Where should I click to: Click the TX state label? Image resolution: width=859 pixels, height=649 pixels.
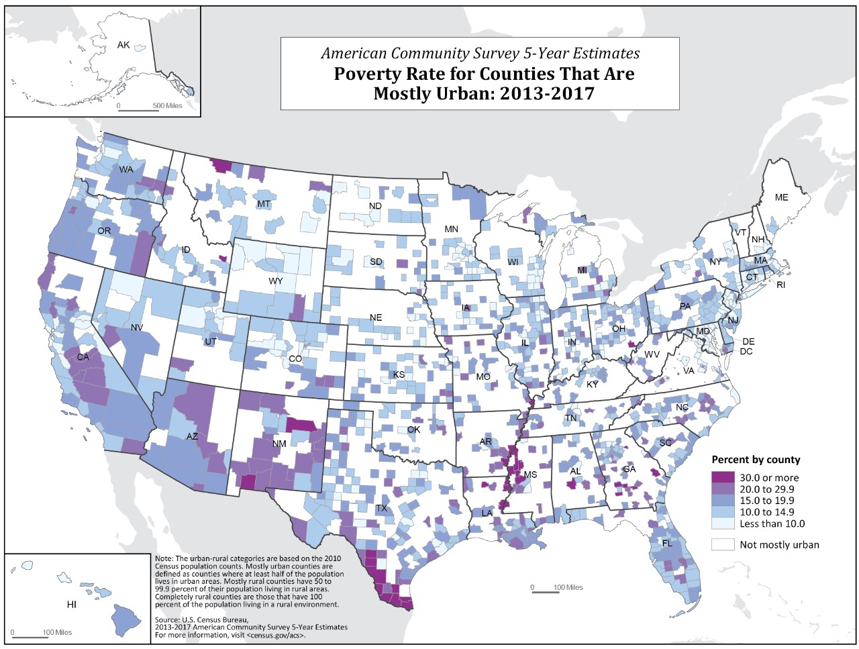point(381,508)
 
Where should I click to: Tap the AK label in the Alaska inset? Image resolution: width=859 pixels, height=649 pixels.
point(123,45)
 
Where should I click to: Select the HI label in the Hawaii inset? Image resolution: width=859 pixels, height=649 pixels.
point(72,605)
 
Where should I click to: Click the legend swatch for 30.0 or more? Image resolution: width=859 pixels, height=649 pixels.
point(723,477)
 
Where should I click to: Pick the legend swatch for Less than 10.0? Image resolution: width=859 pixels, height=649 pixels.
point(723,523)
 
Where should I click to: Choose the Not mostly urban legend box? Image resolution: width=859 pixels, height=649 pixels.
point(723,544)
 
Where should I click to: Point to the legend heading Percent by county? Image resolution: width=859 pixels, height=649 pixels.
point(756,460)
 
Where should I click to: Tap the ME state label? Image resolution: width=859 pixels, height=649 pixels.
point(782,197)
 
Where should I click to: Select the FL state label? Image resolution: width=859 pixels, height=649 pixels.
point(667,542)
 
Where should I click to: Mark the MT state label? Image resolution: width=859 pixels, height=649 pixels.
point(264,204)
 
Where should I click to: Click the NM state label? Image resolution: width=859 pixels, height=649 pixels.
point(279,444)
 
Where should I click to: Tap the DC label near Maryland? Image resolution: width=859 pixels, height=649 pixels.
point(746,352)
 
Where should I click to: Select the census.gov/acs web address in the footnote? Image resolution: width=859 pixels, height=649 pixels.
point(276,634)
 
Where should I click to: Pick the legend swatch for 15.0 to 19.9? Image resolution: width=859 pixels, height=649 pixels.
point(723,501)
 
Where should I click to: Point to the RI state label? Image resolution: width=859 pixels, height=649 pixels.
point(780,285)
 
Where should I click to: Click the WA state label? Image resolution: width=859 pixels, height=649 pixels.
point(126,169)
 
